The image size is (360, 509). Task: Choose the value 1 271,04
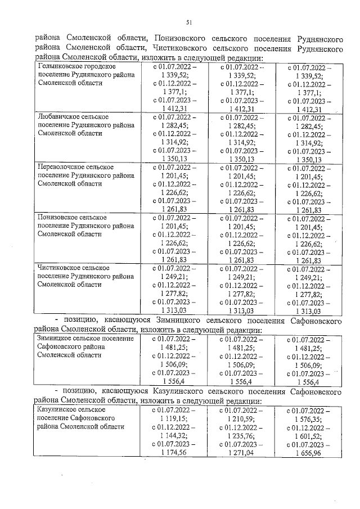click(x=241, y=452)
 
